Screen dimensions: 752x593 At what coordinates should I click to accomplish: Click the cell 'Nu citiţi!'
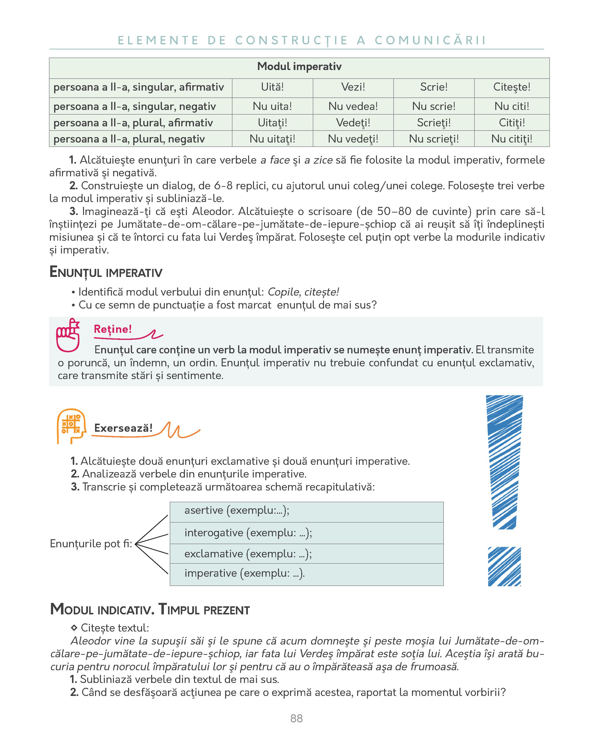point(511,139)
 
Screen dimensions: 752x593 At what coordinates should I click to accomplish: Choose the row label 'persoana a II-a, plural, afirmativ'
point(133,123)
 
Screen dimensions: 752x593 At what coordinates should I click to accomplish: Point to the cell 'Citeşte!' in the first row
point(511,87)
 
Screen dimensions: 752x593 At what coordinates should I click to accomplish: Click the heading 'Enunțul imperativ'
point(106,272)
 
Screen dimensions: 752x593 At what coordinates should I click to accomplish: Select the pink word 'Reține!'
point(113,329)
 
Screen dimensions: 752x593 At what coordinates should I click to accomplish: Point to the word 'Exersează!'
point(123,428)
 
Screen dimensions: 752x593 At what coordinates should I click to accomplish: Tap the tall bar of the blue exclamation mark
point(505,462)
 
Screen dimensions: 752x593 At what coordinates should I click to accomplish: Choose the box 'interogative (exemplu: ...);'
point(306,533)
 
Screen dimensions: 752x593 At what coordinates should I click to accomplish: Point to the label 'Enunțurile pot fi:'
point(91,543)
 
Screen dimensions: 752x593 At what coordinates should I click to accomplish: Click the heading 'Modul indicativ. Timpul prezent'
point(150,610)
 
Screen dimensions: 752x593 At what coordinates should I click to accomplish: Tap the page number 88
point(296,718)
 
